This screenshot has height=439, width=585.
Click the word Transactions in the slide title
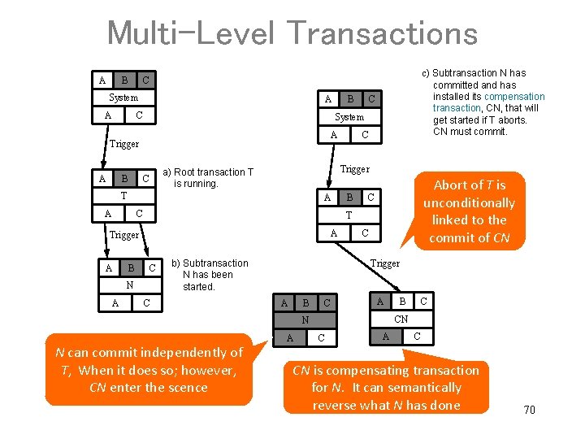tap(382, 33)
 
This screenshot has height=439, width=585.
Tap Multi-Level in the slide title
tap(191, 33)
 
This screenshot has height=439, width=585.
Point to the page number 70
tap(529, 410)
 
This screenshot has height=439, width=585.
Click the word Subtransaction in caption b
tap(215, 263)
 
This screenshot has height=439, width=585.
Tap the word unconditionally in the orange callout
tap(469, 202)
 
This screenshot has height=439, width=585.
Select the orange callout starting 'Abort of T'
tap(469, 211)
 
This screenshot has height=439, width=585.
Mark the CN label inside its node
tap(401, 319)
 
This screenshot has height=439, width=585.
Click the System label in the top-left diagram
tap(123, 98)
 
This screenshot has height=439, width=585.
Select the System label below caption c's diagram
tap(349, 117)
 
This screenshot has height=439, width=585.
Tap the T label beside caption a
tap(123, 196)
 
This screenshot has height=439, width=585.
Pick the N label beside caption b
tap(129, 285)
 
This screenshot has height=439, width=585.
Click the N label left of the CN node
tap(305, 320)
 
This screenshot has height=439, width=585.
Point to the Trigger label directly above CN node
tap(384, 263)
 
